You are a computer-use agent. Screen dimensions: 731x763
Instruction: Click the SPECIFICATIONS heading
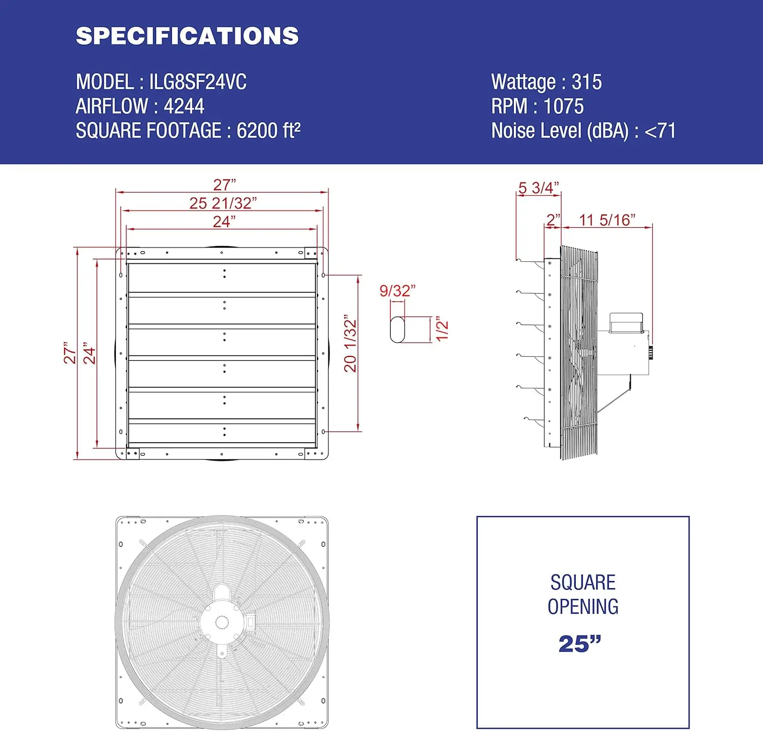point(187,36)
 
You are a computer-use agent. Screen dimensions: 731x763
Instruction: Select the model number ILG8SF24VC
point(198,82)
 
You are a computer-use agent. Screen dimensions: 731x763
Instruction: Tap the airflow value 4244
point(184,107)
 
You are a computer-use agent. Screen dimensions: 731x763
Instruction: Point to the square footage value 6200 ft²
point(269,131)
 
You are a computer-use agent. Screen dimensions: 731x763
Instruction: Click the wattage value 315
point(586,82)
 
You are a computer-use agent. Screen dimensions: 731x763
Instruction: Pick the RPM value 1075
point(564,107)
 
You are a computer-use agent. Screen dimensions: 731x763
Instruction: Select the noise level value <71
point(660,131)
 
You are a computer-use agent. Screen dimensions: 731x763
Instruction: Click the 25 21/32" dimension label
point(223,203)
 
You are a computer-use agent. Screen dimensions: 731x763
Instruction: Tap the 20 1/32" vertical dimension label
point(350,344)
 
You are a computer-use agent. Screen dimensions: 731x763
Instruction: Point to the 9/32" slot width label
point(397,291)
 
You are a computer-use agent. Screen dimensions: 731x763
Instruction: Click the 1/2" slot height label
point(442,330)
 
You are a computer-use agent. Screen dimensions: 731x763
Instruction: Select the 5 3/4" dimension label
point(538,188)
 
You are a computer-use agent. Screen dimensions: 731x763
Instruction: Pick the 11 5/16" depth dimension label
point(607,220)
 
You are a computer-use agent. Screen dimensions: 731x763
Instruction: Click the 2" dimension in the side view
point(553,220)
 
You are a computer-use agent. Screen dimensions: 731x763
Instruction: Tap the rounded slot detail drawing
point(397,329)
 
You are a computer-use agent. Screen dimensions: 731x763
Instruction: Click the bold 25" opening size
point(580,644)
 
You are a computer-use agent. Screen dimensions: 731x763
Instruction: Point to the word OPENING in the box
point(583,607)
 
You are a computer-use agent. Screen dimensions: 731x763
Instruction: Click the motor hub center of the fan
point(221,622)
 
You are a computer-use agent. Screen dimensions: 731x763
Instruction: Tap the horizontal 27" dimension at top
point(224,185)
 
